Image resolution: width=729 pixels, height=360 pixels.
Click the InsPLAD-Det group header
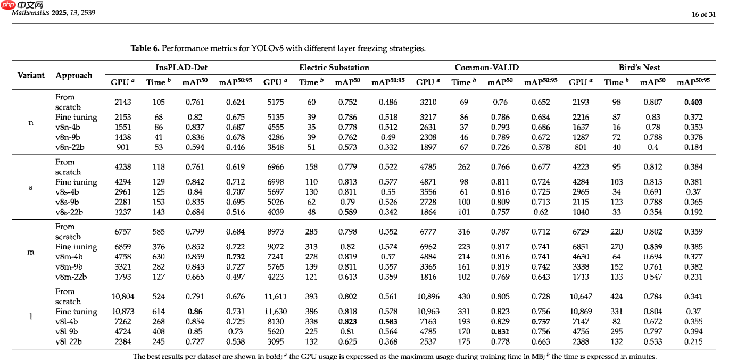point(181,68)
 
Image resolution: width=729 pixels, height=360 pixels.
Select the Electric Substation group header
point(334,68)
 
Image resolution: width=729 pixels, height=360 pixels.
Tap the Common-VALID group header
point(486,68)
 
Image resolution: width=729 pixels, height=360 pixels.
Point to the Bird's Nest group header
point(639,68)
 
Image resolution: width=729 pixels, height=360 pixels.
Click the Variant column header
point(31,75)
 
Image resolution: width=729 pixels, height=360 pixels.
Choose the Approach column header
point(73,76)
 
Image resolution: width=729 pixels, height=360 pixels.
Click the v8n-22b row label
point(70,147)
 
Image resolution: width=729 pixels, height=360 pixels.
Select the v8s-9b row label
point(67,202)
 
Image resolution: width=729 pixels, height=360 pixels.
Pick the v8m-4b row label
point(69,257)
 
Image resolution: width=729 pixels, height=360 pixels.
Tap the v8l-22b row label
point(68,341)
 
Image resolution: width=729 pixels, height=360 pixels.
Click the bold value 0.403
point(693,102)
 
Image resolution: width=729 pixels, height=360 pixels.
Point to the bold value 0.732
point(235,257)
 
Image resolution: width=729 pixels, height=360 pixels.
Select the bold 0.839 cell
point(653,247)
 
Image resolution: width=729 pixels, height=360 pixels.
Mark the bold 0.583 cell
point(388,321)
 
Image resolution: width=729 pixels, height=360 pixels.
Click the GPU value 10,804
point(123,297)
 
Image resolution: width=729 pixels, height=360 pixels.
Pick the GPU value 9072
point(275,247)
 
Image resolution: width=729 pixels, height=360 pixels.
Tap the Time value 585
point(159,231)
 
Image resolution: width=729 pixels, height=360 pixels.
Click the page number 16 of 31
point(703,14)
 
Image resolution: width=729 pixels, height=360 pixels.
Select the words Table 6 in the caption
point(145,48)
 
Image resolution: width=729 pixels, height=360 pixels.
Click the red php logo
point(8,5)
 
